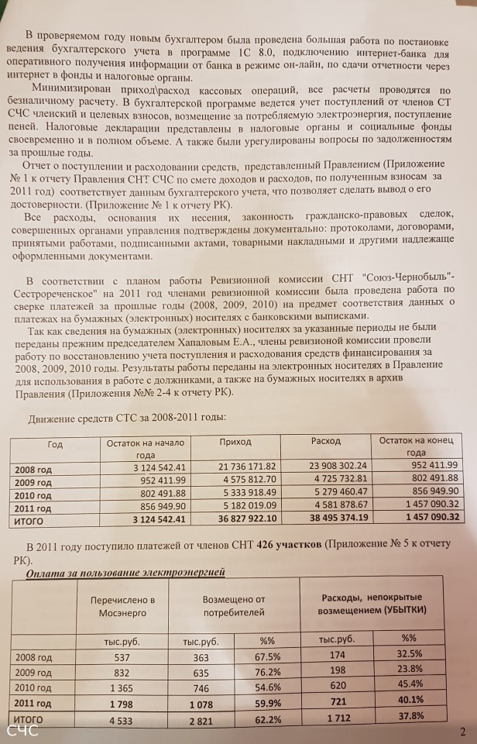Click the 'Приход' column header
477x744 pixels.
pyautogui.click(x=235, y=441)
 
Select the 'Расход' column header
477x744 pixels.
pyautogui.click(x=325, y=440)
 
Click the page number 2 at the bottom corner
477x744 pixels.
pyautogui.click(x=462, y=731)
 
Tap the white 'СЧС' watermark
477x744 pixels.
pyautogui.click(x=22, y=730)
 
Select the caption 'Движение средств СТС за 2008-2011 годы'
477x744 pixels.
pyautogui.click(x=126, y=418)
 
